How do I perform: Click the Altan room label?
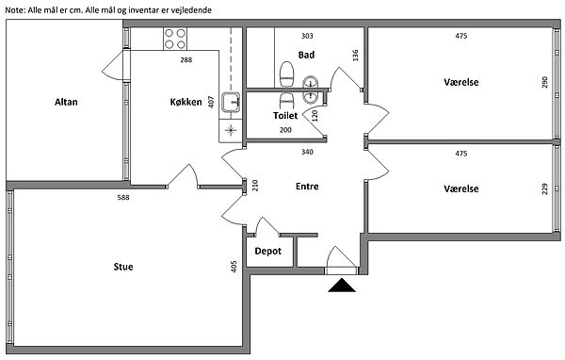point(66,102)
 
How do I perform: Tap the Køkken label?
point(186,102)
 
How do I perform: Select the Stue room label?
point(123,267)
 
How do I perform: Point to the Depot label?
point(267,251)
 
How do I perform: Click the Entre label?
point(307,187)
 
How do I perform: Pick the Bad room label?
point(306,55)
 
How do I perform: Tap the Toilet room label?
point(285,115)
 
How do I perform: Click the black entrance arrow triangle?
point(342,285)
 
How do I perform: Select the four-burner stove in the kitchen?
point(175,39)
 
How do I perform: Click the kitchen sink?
point(231,102)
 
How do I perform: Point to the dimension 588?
point(123,197)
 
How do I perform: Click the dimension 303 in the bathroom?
point(307,36)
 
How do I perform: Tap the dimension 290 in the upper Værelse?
point(544,82)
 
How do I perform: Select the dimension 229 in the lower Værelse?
point(544,189)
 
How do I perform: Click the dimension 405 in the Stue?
point(234,266)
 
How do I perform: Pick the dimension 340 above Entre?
point(307,152)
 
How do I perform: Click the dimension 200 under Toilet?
point(285,130)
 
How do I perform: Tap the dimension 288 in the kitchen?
point(186,60)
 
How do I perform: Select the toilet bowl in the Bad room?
point(287,74)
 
